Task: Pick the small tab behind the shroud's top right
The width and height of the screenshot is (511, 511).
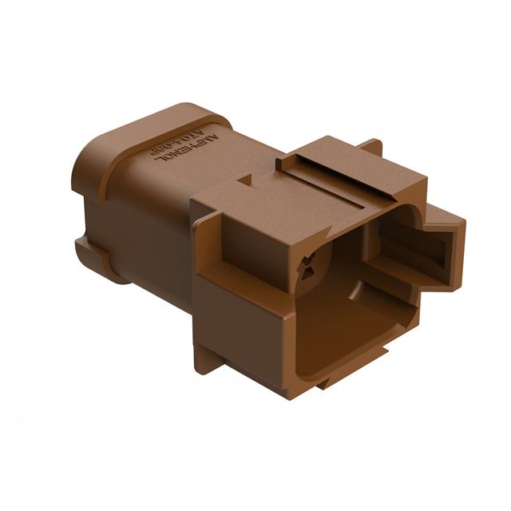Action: (370, 147)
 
